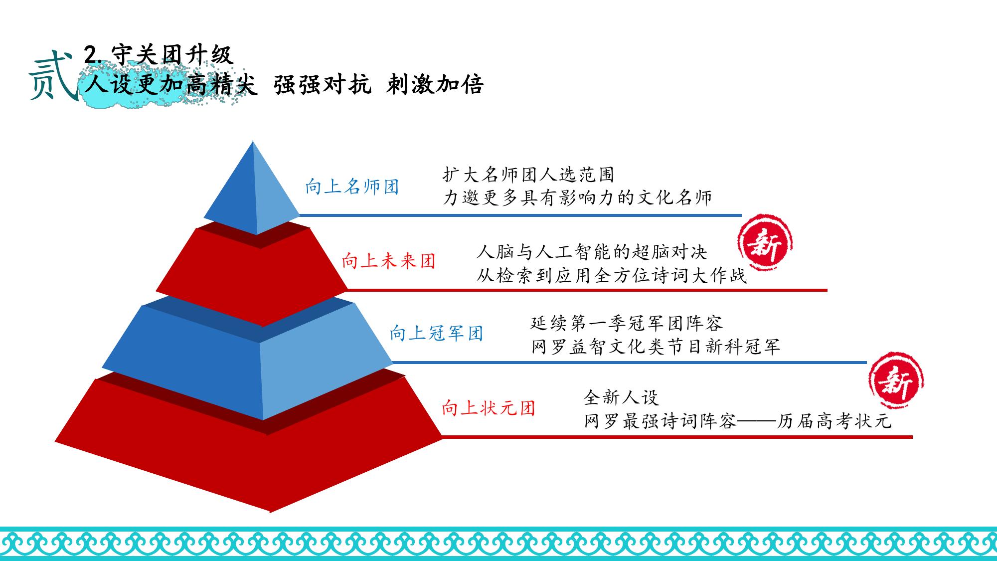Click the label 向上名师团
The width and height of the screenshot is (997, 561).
[352, 187]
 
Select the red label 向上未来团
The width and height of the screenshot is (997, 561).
[389, 261]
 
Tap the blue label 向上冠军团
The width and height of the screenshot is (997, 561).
[437, 333]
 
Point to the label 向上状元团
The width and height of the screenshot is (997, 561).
[489, 408]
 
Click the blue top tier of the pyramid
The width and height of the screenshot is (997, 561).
[252, 194]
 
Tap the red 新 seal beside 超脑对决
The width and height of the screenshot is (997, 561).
[765, 243]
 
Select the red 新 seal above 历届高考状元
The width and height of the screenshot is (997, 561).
[896, 380]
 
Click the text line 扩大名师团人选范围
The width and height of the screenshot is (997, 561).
[528, 175]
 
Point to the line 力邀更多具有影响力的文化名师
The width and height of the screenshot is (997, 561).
[577, 198]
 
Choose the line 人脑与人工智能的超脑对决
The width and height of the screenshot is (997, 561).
[592, 252]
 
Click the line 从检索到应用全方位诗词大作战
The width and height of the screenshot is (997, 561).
[611, 275]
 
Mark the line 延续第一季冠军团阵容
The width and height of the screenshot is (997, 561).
[626, 323]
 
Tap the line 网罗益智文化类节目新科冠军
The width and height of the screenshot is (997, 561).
[655, 347]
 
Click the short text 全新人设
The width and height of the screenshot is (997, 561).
[621, 397]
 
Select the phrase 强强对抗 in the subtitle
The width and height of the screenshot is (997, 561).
[323, 84]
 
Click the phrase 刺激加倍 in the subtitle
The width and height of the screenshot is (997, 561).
[435, 84]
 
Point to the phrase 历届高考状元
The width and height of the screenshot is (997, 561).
[833, 421]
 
